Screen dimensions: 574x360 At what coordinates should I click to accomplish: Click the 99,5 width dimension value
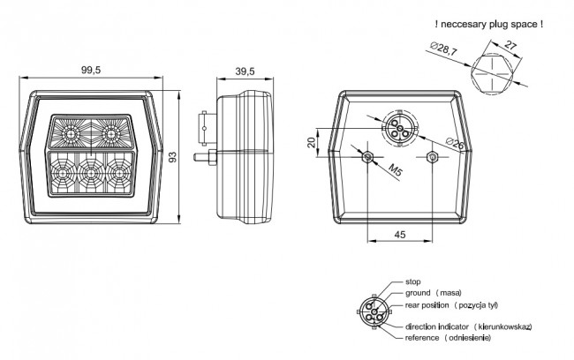tap(91, 70)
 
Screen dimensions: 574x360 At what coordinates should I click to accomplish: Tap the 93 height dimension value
tap(172, 157)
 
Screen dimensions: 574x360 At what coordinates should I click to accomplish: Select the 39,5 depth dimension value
tap(245, 71)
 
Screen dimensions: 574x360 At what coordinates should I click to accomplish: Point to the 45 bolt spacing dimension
tap(400, 235)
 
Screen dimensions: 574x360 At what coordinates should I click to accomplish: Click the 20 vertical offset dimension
tap(312, 142)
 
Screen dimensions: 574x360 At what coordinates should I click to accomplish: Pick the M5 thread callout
tap(395, 170)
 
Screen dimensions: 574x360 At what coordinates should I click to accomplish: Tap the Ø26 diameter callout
tap(455, 143)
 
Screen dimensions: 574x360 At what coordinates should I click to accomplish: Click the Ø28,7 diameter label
tap(443, 49)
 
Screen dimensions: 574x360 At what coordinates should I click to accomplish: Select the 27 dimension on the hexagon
tap(510, 45)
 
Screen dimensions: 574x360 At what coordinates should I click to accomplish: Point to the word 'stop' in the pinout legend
tap(413, 281)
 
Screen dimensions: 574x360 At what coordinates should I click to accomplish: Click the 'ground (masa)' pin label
tap(434, 293)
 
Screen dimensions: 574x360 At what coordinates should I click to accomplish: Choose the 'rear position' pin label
tap(427, 305)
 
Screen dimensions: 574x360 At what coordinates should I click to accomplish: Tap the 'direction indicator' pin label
tap(437, 326)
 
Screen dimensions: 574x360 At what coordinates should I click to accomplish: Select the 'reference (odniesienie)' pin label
tap(448, 338)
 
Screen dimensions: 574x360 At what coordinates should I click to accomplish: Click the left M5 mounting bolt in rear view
tap(367, 157)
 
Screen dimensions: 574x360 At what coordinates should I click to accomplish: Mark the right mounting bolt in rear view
tap(433, 157)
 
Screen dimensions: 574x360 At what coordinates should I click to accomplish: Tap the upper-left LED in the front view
tap(71, 134)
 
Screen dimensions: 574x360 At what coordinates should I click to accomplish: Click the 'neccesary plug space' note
tap(489, 25)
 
